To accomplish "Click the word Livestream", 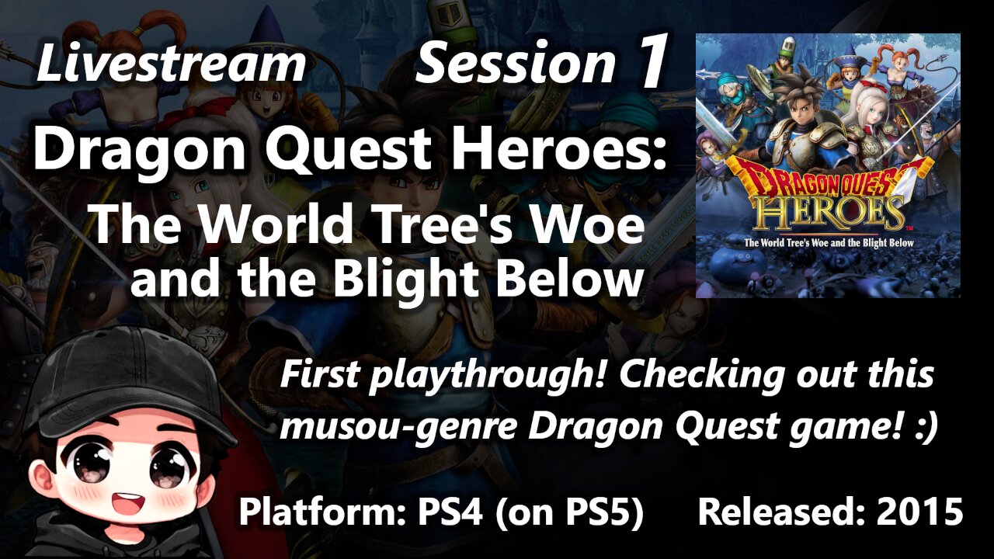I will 171,64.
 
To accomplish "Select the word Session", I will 515,64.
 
